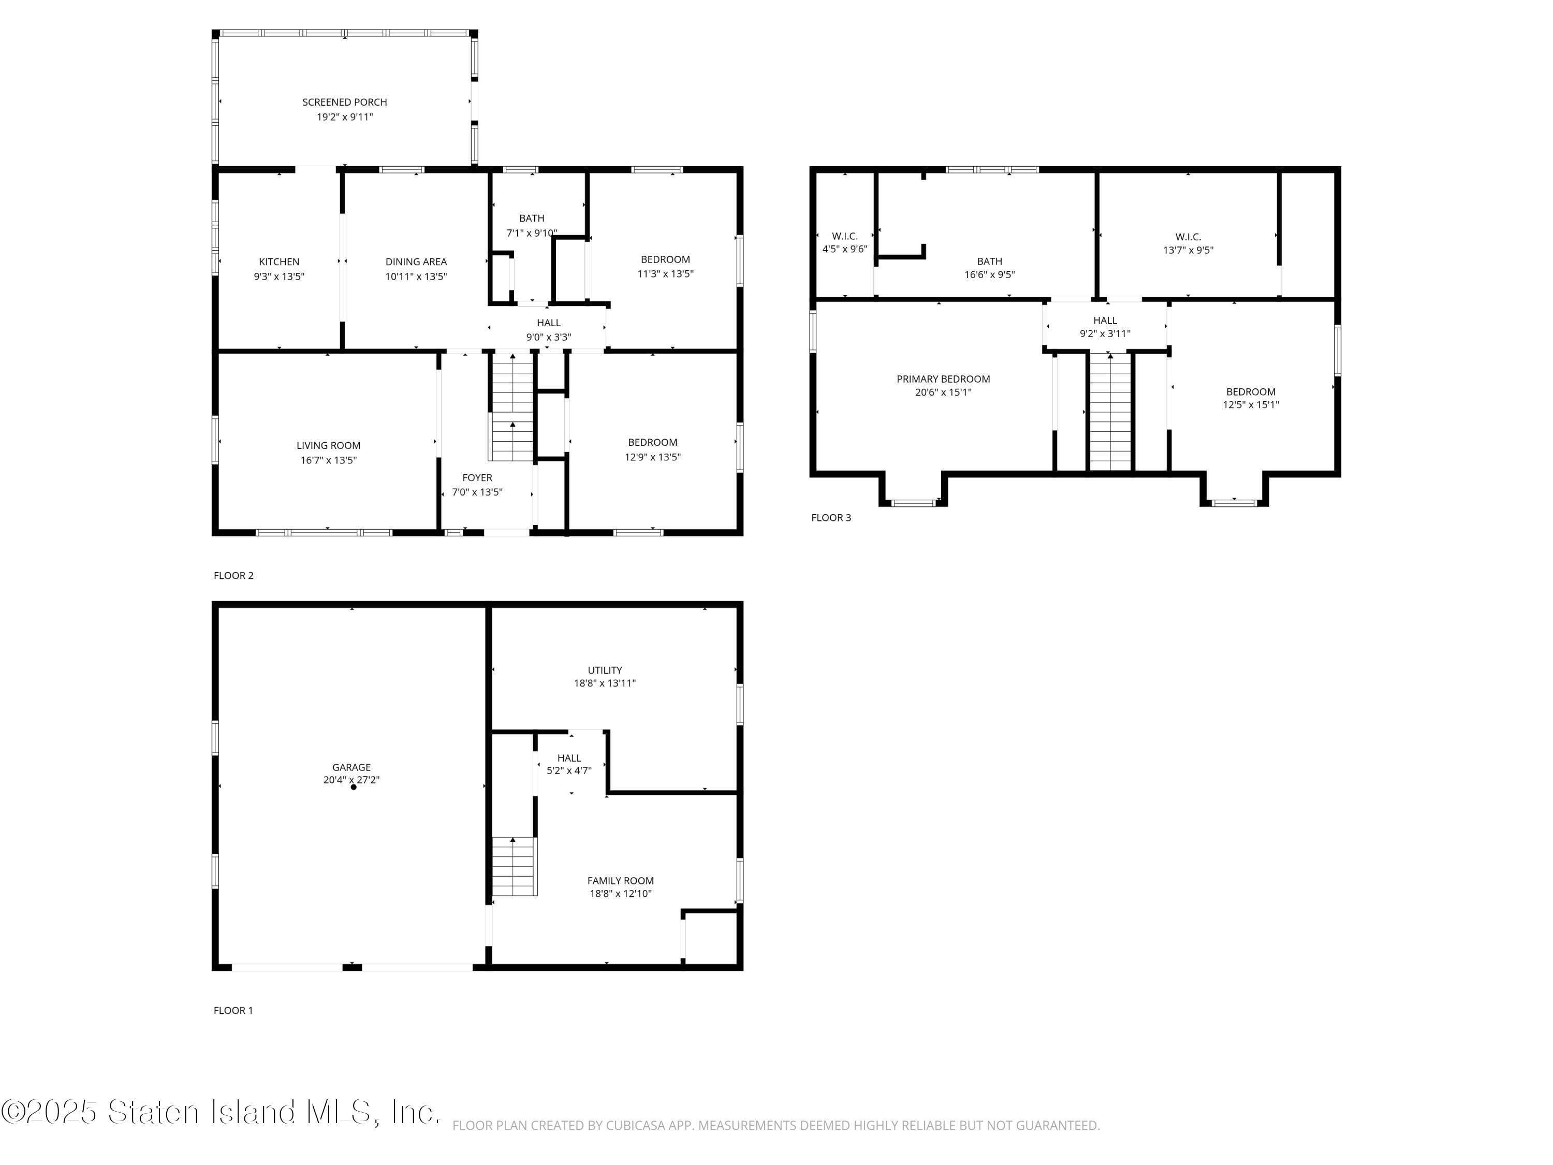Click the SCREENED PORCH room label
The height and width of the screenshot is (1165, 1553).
[x=344, y=103]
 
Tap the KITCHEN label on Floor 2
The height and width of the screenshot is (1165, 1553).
[x=279, y=262]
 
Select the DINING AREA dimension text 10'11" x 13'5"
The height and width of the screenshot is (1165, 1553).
[x=416, y=276]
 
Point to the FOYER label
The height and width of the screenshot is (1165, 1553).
[x=477, y=477]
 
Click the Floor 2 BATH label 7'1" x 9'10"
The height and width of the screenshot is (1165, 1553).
[x=532, y=225]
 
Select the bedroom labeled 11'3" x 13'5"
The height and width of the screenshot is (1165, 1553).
[x=665, y=267]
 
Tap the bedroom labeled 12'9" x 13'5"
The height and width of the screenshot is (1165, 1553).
[x=652, y=449]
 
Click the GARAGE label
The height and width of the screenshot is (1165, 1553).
[x=351, y=767]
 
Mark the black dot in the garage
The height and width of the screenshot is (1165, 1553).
[x=353, y=787]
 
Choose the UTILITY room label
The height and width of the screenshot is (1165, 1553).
[x=605, y=670]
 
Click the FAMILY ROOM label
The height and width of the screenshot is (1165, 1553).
[x=620, y=881]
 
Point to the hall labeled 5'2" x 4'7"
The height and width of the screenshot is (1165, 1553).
[x=569, y=764]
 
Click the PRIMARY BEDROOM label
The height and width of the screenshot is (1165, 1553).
[x=943, y=379]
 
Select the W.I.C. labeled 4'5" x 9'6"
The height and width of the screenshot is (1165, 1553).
[x=845, y=242]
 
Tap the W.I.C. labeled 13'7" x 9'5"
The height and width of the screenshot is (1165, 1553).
[x=1188, y=243]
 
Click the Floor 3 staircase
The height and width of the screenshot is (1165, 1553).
[x=1110, y=413]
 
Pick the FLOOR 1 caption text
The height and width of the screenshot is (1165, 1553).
[x=233, y=1011]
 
